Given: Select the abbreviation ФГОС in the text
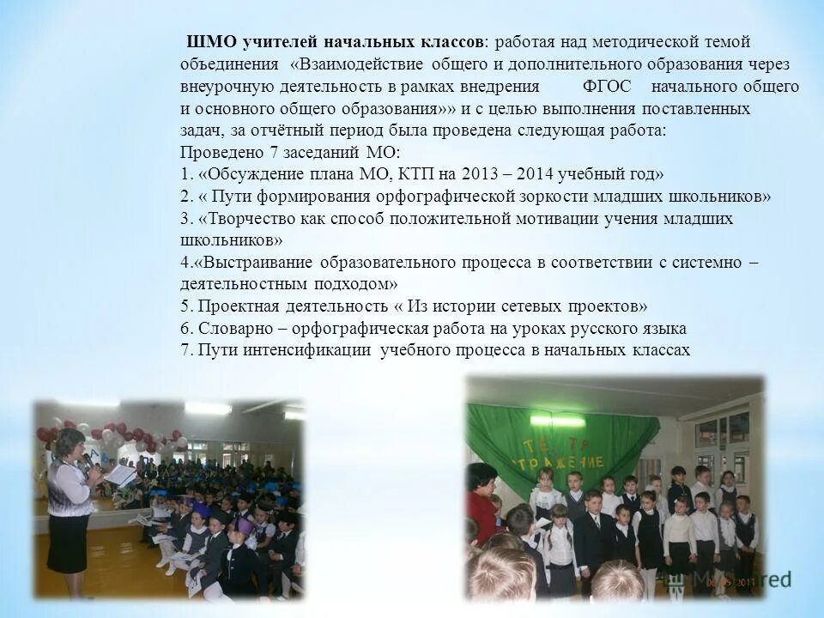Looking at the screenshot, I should pos(608,87).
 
